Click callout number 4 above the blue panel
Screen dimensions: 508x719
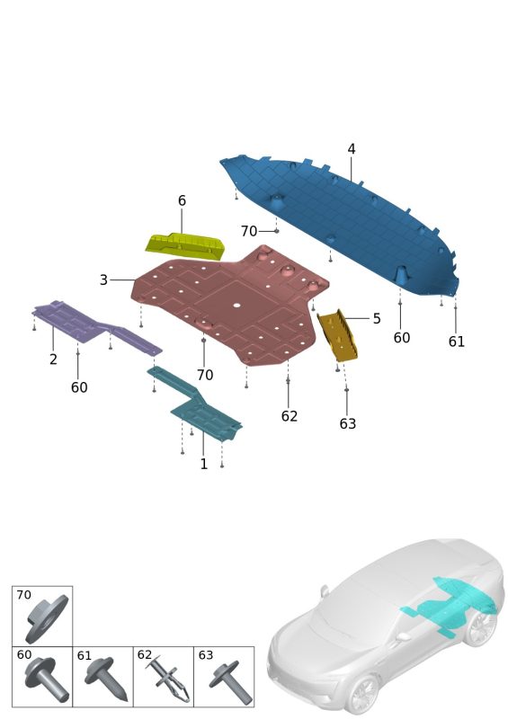(351, 149)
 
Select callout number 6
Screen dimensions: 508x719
(182, 200)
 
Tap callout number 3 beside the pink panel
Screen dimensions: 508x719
(103, 280)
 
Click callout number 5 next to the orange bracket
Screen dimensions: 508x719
(377, 318)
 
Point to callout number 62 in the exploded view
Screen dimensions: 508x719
(290, 416)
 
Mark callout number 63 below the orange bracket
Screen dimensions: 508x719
(347, 423)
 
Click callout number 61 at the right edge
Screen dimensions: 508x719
(456, 342)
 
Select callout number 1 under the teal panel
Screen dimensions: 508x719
(204, 464)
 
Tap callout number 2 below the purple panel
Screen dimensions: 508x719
(53, 359)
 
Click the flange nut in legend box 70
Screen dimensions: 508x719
(47, 618)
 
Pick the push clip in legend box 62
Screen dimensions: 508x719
(168, 680)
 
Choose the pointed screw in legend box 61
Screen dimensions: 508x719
(106, 678)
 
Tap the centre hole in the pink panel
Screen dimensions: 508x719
(236, 305)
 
